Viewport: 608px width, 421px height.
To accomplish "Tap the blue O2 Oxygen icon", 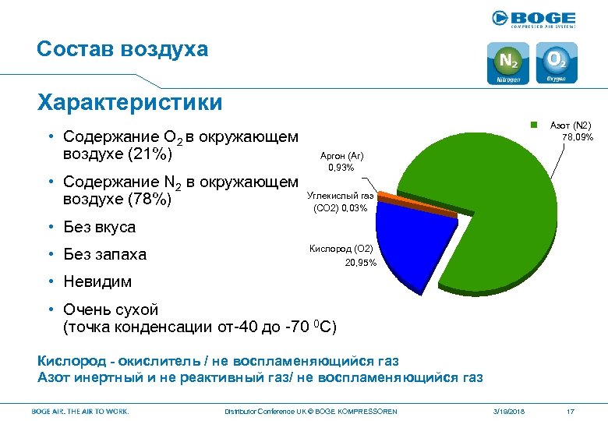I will coord(556,63).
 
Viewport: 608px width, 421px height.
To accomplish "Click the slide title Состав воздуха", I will coord(122,49).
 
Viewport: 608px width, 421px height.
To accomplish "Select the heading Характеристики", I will coord(129,102).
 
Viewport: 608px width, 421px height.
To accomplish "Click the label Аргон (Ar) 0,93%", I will coord(341,161).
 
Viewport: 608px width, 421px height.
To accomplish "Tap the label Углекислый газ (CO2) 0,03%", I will coord(340,202).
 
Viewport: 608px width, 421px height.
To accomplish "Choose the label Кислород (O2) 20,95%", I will coord(342,256).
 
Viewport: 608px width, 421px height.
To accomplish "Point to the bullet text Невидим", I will coord(97,281).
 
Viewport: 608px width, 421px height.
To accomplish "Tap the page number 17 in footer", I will coord(571,411).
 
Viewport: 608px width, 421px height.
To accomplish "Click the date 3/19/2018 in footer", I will coord(509,411).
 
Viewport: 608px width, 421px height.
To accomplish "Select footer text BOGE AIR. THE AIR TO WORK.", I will coord(80,411).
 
